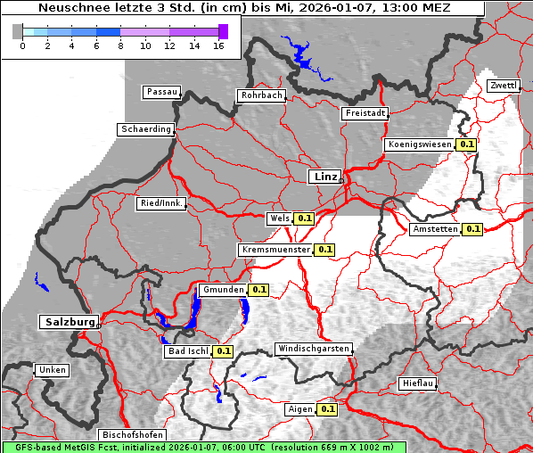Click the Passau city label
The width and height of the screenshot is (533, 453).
tap(161, 92)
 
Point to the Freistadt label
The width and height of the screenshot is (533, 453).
tap(365, 113)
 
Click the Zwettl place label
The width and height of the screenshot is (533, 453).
tap(503, 86)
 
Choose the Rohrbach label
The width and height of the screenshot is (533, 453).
tap(260, 95)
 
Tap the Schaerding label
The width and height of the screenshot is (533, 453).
tap(145, 129)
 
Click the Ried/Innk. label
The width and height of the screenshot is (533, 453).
tap(161, 203)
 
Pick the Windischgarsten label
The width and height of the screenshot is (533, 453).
tap(313, 348)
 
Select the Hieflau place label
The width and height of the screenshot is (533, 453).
tap(418, 383)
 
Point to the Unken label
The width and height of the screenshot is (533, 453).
tap(50, 369)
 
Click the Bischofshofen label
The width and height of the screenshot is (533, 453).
tap(133, 434)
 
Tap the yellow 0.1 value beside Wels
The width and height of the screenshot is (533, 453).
tap(305, 218)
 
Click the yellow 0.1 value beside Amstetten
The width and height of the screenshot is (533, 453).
tap(472, 229)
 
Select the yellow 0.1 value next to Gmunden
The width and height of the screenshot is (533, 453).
tap(258, 290)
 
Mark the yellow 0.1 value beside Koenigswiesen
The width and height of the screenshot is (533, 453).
tap(466, 144)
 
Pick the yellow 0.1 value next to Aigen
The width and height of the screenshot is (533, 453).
tap(327, 409)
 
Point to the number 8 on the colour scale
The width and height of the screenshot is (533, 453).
tap(120, 45)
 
